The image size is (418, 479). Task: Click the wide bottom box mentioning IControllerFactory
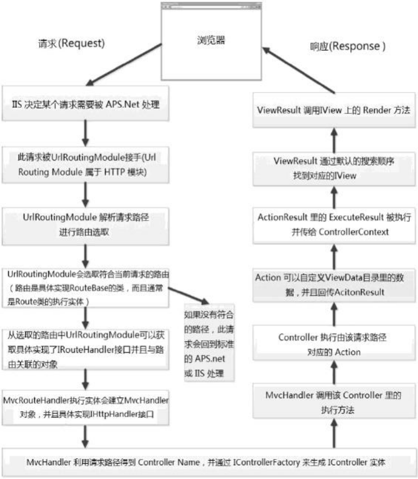209,462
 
